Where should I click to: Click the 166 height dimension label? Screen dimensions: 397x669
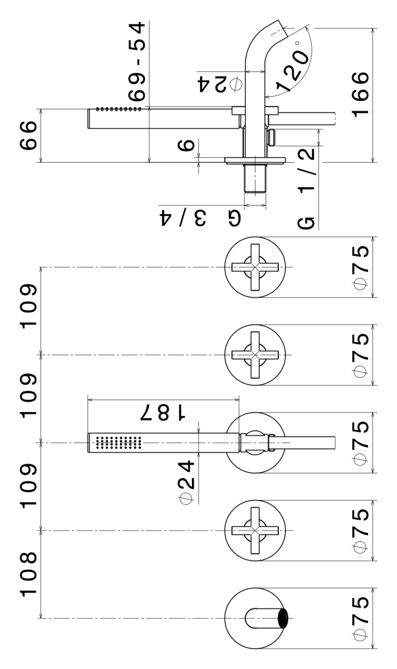coord(361,94)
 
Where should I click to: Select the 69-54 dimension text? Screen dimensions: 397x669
coord(137,61)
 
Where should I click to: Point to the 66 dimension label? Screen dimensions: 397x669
coord(28,135)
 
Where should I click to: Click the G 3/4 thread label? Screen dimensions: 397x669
coord(200,218)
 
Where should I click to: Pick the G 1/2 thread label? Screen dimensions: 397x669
coord(307,188)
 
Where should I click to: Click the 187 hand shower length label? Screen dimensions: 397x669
coord(163,413)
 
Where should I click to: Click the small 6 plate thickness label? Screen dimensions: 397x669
coord(186,146)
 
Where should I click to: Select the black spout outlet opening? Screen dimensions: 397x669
coord(283,618)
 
